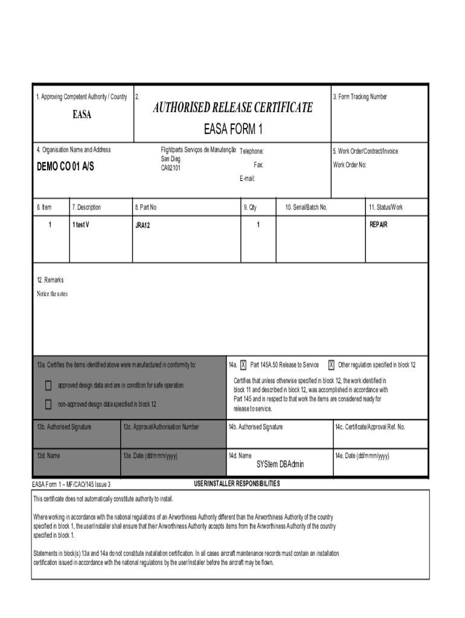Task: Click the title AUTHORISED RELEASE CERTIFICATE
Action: point(232,108)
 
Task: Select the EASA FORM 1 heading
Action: point(232,129)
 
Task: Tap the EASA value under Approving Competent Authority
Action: point(82,115)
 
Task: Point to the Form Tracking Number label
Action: point(360,97)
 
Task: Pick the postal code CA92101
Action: point(170,168)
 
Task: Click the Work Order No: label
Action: point(350,165)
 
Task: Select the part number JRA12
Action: point(143,225)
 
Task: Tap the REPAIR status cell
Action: point(378,225)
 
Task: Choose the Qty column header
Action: point(250,208)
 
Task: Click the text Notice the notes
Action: point(52,294)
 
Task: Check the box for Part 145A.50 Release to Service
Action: point(243,365)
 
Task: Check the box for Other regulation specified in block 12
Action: point(331,365)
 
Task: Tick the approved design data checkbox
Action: point(48,386)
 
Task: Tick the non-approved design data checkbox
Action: point(48,404)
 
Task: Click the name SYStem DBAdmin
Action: point(280,465)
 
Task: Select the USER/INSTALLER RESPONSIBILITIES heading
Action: point(237,484)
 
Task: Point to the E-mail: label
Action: point(248,179)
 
